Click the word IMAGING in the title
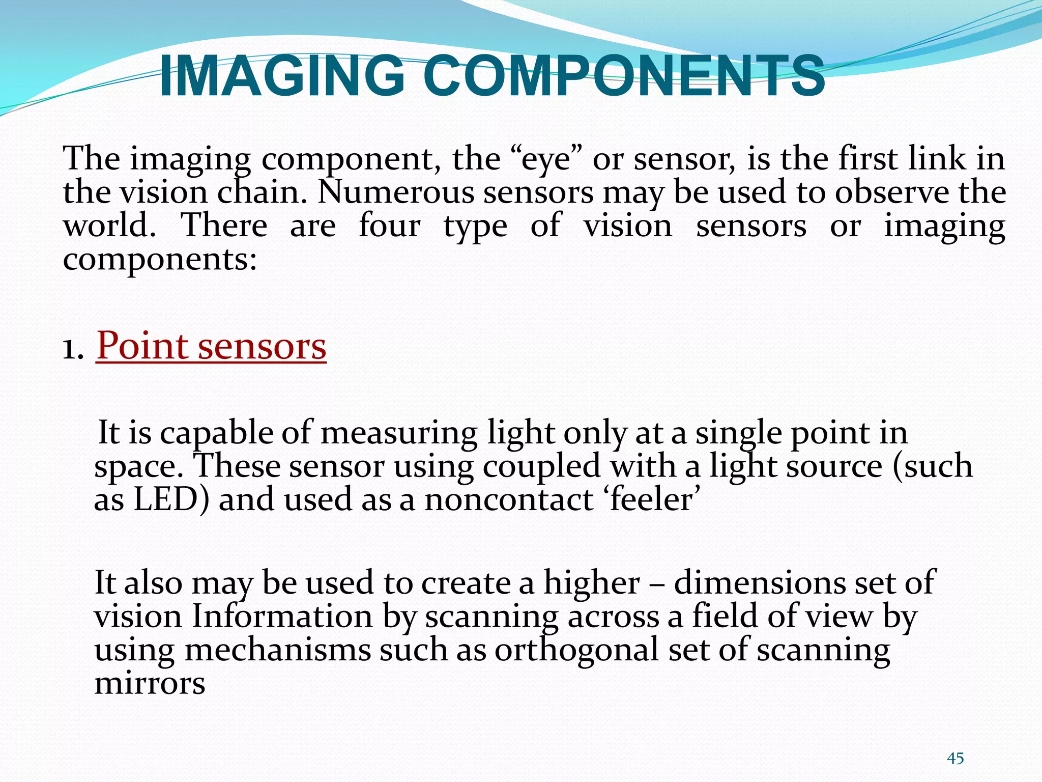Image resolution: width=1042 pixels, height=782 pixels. tap(282, 76)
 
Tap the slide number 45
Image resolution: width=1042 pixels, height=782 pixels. tap(955, 758)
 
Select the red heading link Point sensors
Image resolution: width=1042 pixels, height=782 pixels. tap(211, 346)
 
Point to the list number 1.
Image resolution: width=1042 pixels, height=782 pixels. tap(73, 350)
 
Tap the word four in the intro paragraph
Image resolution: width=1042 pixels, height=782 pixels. tap(389, 226)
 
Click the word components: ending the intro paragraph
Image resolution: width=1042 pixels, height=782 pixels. tap(160, 260)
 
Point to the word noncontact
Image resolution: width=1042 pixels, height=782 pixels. tap(509, 499)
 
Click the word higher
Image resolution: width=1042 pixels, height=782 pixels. tap(591, 583)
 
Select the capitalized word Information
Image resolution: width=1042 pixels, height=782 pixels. tap(282, 617)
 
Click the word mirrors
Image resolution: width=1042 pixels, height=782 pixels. tap(150, 684)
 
